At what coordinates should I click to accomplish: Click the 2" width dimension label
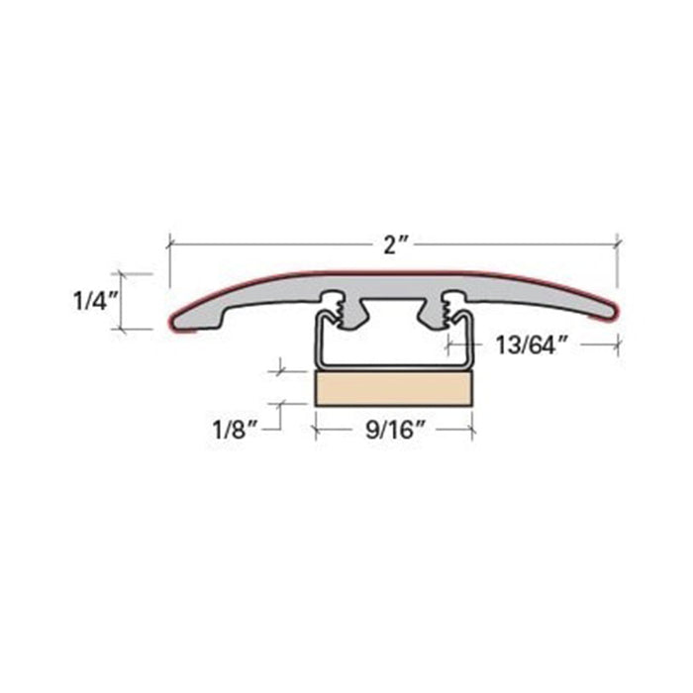(x=392, y=245)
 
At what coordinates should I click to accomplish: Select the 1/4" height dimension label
(x=95, y=301)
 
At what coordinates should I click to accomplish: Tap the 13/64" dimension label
(x=532, y=346)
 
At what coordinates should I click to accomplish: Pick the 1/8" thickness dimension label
(x=236, y=429)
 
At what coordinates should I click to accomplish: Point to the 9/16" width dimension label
(x=395, y=429)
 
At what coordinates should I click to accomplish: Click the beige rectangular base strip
(x=394, y=388)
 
